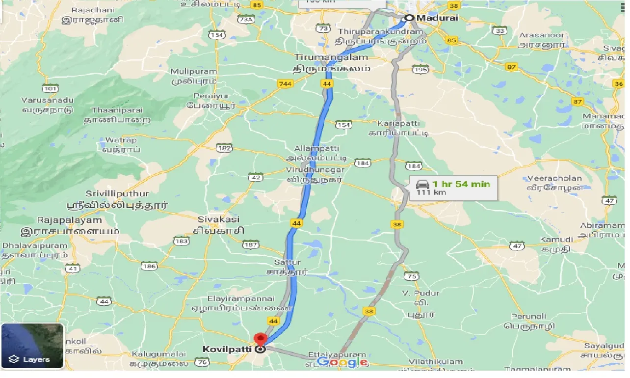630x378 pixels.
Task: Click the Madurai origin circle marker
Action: [x=409, y=18]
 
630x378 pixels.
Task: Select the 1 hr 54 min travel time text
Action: [x=461, y=184]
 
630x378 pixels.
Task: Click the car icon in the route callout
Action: [x=422, y=185]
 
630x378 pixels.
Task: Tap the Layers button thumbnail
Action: [x=32, y=346]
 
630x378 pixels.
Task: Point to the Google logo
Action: [x=342, y=363]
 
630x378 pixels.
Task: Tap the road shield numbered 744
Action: [x=284, y=84]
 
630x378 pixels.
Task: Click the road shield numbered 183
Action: [x=181, y=241]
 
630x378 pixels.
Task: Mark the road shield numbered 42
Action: [x=256, y=177]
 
